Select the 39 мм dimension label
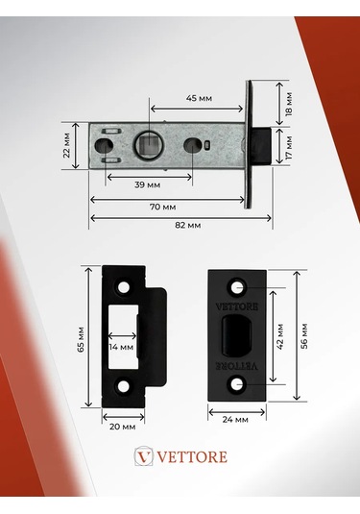click(x=147, y=184)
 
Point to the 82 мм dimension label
click(x=187, y=224)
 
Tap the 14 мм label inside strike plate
click(x=121, y=347)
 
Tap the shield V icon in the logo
click(x=143, y=456)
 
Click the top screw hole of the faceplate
click(x=236, y=287)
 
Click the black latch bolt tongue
click(x=260, y=146)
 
